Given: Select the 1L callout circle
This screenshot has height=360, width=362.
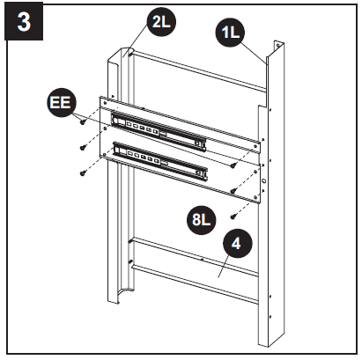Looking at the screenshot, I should coord(232,34).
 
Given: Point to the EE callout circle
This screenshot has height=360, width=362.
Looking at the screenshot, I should coord(60,104).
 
